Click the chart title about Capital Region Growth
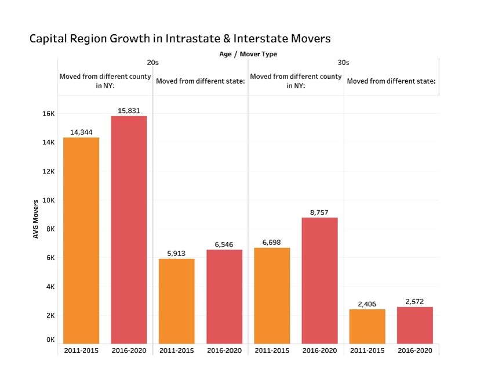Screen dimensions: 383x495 coord(180,39)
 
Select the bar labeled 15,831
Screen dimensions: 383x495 coord(129,229)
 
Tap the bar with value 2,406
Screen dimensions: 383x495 coord(367,326)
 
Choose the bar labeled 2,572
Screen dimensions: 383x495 coord(414,324)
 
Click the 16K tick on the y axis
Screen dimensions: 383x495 coord(48,114)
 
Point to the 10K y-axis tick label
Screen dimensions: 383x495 coord(48,200)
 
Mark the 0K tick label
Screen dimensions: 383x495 coord(50,339)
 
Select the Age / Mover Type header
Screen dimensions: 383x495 coord(247,54)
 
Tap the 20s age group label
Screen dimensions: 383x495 coord(152,63)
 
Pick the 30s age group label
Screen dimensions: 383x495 coord(343,63)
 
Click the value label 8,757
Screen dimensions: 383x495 coord(319,212)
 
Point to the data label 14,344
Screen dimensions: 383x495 coord(81,132)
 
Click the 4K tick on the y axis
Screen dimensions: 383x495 coord(50,287)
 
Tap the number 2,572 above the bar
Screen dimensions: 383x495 coord(414,302)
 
